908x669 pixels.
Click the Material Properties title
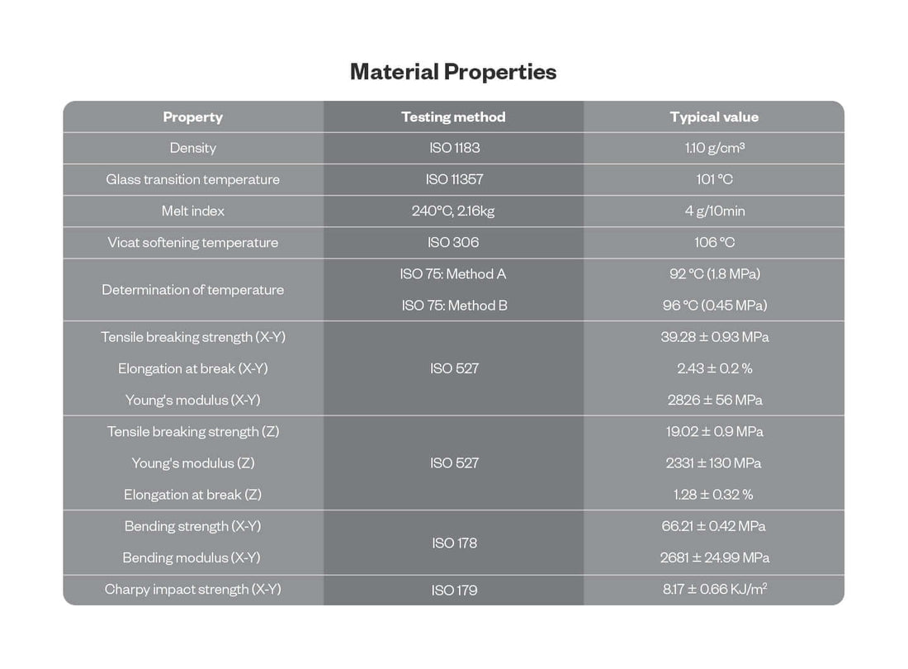453,72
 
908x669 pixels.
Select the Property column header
192,117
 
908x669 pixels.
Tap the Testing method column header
453,117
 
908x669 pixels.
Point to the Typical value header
714,117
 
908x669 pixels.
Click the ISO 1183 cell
453,149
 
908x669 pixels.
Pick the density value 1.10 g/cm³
714,149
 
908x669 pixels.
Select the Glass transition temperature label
192,180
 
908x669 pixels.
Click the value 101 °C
714,180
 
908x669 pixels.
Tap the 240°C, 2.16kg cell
453,211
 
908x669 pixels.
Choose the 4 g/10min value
714,211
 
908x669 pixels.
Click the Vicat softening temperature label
192,243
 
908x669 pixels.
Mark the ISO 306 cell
453,243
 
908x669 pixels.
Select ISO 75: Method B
454,306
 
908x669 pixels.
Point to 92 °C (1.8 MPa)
714,274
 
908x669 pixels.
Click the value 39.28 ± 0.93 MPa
714,337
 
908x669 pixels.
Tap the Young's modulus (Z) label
192,463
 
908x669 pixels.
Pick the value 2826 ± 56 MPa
714,401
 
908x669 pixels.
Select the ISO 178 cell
453,543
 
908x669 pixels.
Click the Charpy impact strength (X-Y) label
192,590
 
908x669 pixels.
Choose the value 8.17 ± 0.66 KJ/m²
714,590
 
